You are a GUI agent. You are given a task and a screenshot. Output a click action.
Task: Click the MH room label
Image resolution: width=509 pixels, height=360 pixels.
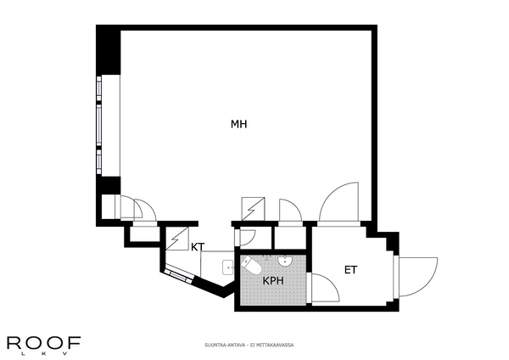(239, 124)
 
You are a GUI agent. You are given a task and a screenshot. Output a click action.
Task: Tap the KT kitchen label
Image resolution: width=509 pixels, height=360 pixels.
(198, 247)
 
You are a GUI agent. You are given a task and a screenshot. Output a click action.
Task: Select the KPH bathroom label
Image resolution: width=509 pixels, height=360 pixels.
(273, 281)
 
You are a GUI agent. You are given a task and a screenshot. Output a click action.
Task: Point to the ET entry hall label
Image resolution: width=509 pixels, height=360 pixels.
(351, 270)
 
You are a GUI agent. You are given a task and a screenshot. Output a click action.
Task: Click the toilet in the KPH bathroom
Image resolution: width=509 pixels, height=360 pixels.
(252, 265)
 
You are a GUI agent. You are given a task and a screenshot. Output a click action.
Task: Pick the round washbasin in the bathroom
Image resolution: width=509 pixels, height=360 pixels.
(286, 261)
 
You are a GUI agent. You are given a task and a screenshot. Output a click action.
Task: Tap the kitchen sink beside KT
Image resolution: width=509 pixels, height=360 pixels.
(228, 267)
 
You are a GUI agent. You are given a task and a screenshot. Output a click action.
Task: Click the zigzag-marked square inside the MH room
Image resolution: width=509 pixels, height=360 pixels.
(253, 209)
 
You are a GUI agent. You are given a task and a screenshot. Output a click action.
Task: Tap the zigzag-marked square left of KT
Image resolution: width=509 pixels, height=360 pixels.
(177, 239)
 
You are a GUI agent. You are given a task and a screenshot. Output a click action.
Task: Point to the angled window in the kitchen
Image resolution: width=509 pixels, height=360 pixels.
(178, 274)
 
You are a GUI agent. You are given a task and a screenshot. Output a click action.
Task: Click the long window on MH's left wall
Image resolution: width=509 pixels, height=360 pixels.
(99, 126)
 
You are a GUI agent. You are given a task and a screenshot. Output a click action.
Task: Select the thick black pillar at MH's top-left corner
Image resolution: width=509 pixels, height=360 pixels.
(109, 50)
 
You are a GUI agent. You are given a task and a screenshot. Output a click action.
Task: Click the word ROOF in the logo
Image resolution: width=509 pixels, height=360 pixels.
(44, 343)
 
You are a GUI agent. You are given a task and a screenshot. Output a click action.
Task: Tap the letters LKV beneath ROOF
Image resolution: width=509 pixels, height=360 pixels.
(44, 354)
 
